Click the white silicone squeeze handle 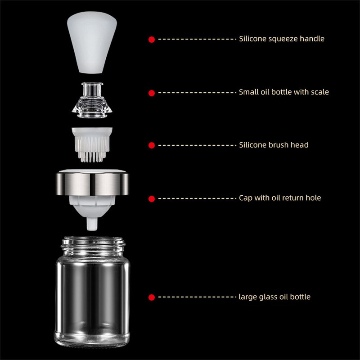point(92,42)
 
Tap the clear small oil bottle point(92,100)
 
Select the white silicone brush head point(92,144)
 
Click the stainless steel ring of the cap point(92,184)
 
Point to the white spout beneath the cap point(92,224)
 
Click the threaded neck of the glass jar point(93,246)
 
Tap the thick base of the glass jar point(92,340)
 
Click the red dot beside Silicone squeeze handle point(152,40)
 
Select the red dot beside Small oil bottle point(152,93)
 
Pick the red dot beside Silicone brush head point(152,145)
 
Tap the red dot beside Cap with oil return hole point(152,198)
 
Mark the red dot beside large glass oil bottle point(152,297)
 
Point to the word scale point(320,92)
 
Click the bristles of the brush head point(92,149)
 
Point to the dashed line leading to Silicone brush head point(197,145)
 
